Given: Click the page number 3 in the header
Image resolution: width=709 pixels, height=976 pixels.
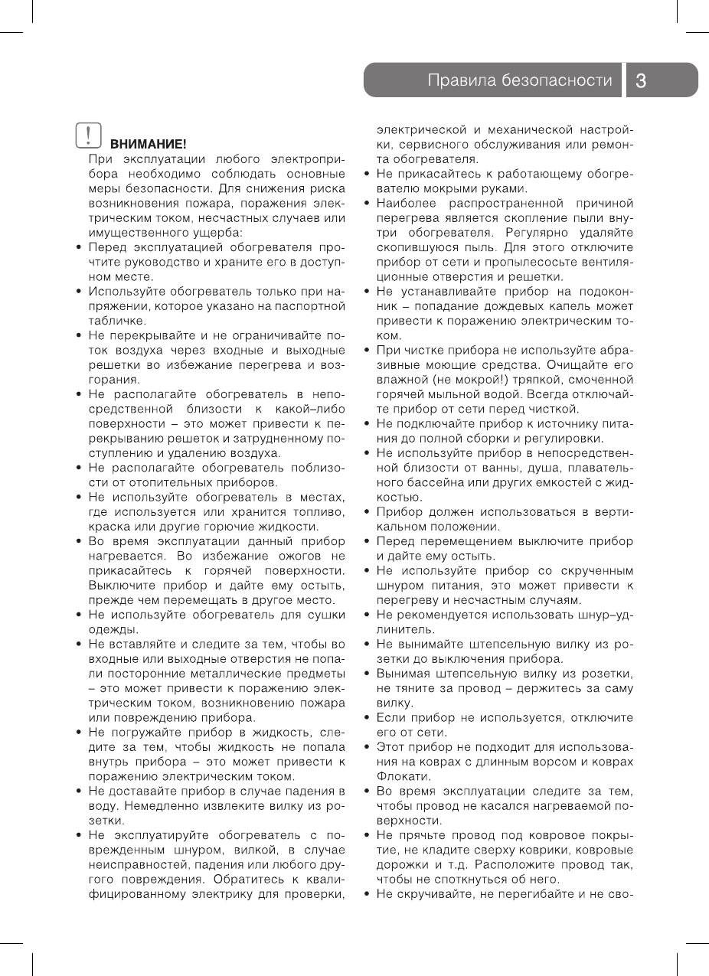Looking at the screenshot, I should pyautogui.click(x=642, y=80).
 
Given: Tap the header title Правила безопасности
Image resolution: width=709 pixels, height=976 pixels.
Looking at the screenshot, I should pyautogui.click(x=521, y=80).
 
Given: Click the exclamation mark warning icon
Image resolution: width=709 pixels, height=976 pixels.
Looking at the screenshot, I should pyautogui.click(x=90, y=136).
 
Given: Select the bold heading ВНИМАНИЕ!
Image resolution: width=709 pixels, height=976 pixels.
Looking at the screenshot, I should pyautogui.click(x=149, y=144).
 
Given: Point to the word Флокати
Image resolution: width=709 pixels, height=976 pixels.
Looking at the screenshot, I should pyautogui.click(x=397, y=775).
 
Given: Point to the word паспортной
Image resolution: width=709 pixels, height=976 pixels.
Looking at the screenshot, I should pyautogui.click(x=310, y=306).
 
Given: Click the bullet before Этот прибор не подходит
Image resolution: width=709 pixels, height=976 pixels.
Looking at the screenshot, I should pyautogui.click(x=368, y=747).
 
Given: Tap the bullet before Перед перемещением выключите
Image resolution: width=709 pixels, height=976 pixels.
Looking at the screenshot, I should pyautogui.click(x=368, y=541).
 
